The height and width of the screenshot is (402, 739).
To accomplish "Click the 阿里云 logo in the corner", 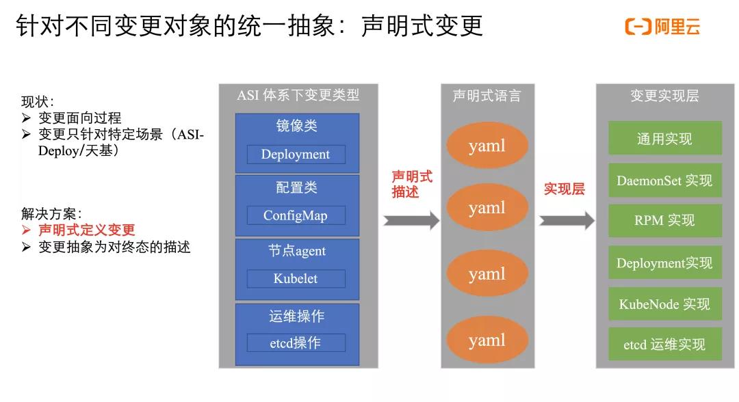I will tap(662, 27).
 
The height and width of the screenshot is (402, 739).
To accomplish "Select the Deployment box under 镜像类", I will tap(296, 155).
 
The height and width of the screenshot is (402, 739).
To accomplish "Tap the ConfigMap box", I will tap(296, 215).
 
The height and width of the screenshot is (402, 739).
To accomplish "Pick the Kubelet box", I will tap(296, 278).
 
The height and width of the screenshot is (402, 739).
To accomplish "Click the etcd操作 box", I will tap(296, 343).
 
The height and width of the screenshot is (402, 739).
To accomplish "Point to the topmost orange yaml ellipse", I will tap(487, 146).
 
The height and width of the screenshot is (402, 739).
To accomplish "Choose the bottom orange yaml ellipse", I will tap(487, 340).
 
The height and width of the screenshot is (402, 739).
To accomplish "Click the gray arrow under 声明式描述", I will tap(411, 220).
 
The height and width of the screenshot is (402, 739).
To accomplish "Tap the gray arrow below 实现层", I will tap(567, 220).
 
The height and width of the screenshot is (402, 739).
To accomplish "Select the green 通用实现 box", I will tap(664, 139).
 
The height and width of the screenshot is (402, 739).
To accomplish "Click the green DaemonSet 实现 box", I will tap(664, 180).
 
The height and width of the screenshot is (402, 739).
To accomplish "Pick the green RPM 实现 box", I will tap(664, 220).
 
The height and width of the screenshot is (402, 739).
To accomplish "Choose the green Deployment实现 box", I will tap(664, 263).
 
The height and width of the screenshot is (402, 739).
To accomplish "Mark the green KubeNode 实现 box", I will tap(664, 304).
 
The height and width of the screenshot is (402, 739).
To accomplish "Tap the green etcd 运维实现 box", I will tap(664, 345).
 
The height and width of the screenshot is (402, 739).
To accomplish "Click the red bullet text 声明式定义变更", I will tap(87, 230).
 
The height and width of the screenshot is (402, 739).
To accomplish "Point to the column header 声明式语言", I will tap(487, 96).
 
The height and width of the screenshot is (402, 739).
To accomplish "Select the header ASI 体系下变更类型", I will tap(298, 96).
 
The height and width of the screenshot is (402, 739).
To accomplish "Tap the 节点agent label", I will tap(296, 251).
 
